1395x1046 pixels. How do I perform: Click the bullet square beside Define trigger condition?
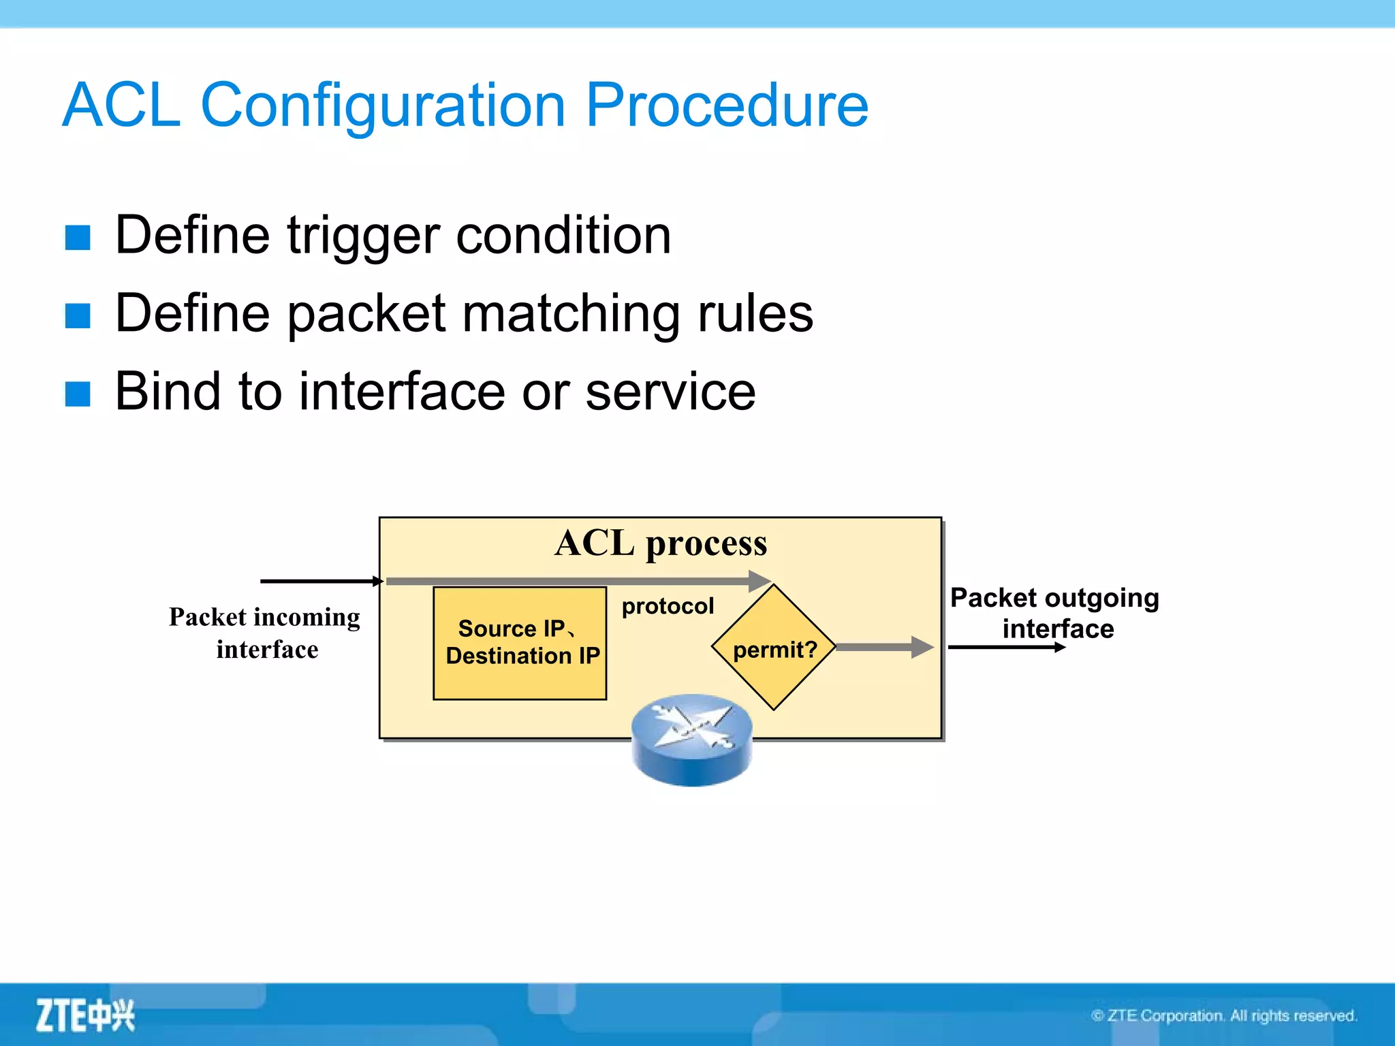[78, 238]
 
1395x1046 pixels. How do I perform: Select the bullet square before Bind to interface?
[78, 394]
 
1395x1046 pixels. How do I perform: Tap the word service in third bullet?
[670, 392]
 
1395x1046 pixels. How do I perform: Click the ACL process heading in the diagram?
[660, 543]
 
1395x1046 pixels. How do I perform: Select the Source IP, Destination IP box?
[520, 643]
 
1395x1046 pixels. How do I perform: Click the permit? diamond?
[774, 648]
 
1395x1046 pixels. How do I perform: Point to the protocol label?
[668, 605]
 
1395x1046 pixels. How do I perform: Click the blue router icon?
[691, 740]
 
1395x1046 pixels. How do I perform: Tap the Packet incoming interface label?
[265, 633]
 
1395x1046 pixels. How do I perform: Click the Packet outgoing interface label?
[1055, 612]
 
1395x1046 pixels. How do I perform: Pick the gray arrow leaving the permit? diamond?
[884, 647]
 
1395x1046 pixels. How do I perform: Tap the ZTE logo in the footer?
[85, 1015]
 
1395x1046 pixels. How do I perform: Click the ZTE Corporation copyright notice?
[1224, 1015]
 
